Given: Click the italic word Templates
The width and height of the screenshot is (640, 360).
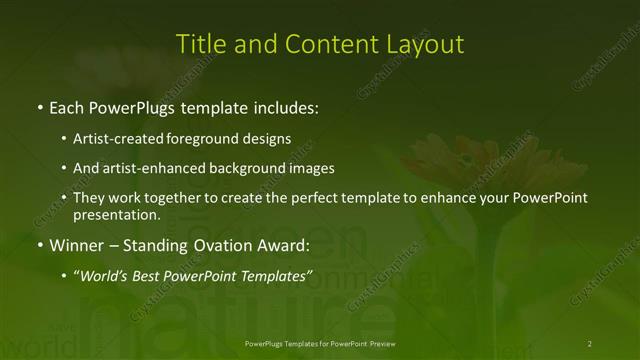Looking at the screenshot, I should click(x=276, y=276).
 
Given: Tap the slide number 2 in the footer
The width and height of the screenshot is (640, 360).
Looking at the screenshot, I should click(x=590, y=344).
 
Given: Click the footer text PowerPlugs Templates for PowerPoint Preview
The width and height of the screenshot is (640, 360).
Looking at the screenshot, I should click(x=319, y=344).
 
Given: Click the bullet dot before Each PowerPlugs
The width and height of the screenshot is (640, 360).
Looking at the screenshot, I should click(x=39, y=106).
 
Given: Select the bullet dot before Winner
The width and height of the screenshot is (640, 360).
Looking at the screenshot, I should click(x=39, y=245).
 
